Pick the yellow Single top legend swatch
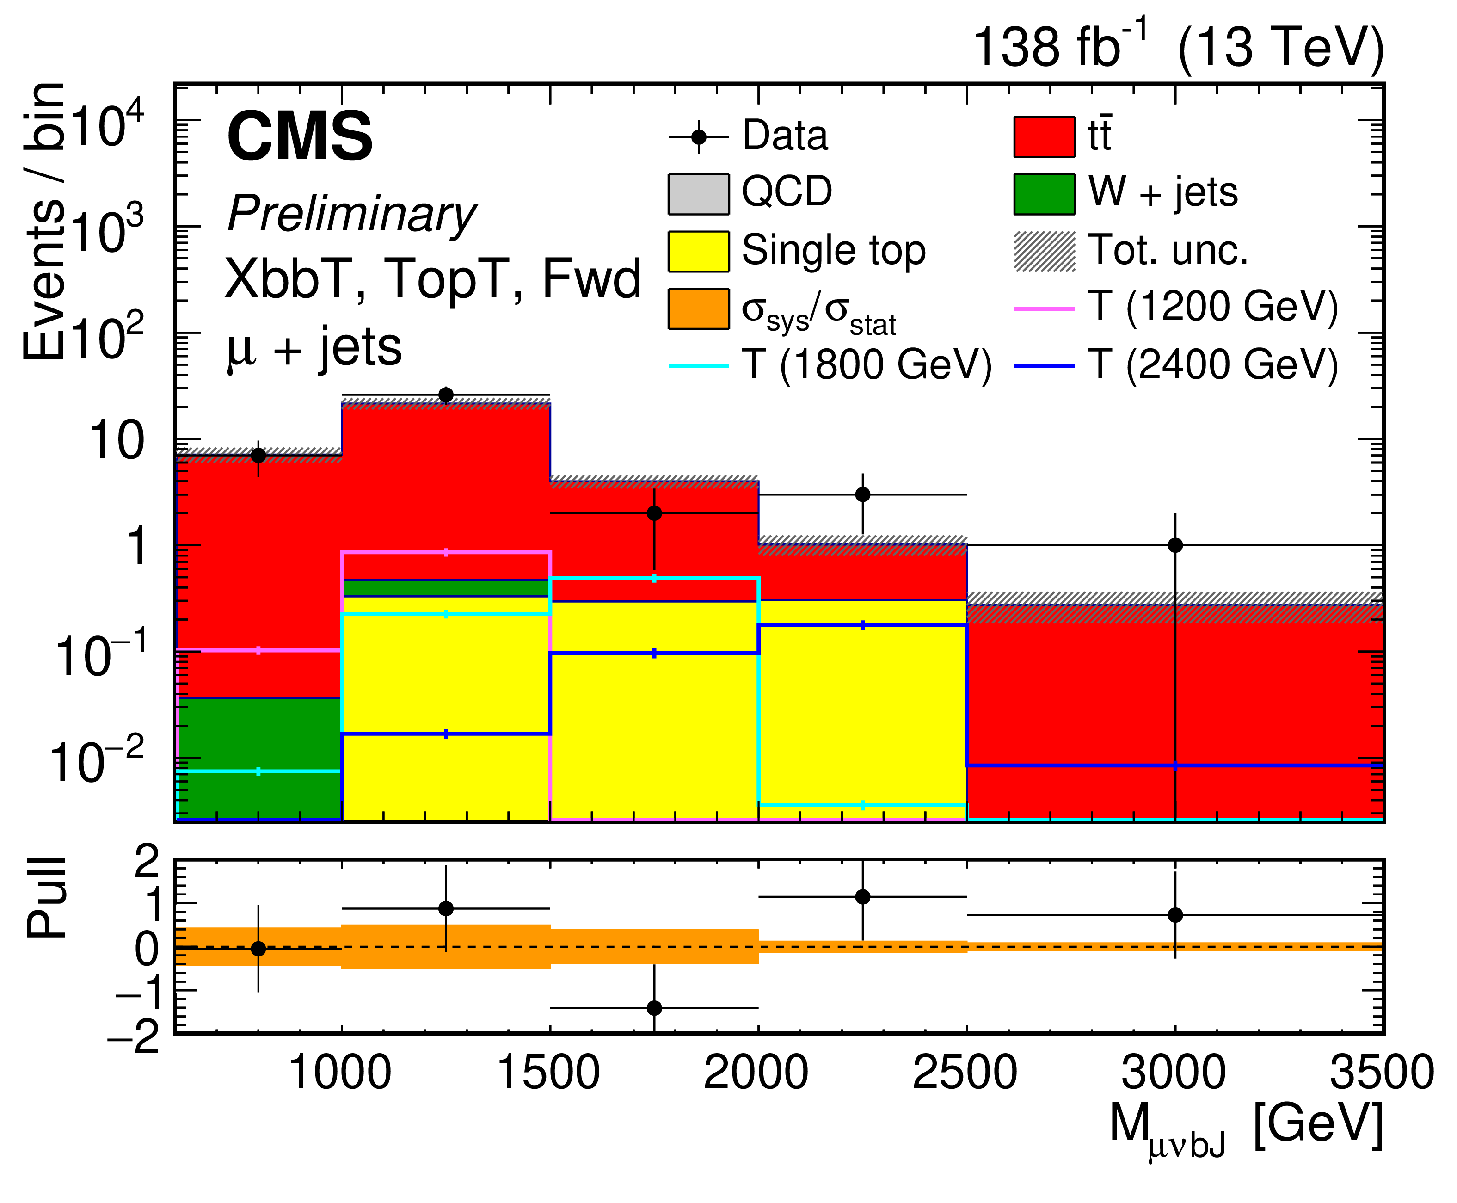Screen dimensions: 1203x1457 click(x=698, y=251)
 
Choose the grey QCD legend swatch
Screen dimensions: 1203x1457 click(x=698, y=194)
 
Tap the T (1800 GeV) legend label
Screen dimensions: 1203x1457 click(x=866, y=365)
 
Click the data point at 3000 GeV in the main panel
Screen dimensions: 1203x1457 click(x=1174, y=545)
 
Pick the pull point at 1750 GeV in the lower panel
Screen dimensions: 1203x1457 click(x=653, y=1007)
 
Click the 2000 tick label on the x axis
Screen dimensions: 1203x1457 click(x=756, y=1073)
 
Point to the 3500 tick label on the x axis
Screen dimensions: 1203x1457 click(x=1381, y=1073)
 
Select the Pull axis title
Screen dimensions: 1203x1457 click(x=47, y=898)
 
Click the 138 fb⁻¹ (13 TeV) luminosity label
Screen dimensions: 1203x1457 click(x=1178, y=47)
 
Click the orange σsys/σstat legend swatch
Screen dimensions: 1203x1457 click(x=698, y=308)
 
